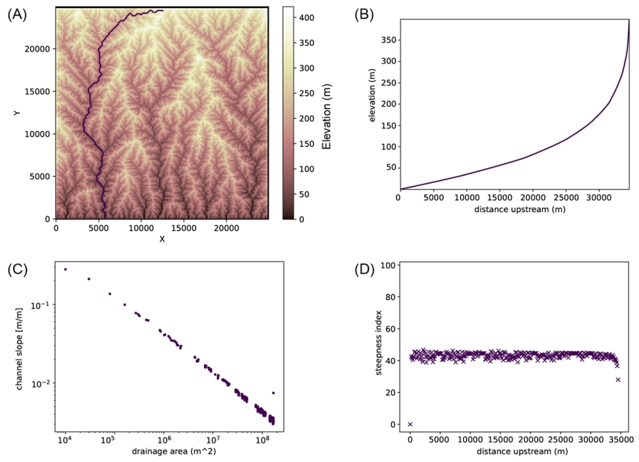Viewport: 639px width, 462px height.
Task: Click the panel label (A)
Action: (17, 15)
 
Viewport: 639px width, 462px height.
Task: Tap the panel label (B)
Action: (364, 15)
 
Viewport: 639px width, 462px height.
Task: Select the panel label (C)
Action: (17, 269)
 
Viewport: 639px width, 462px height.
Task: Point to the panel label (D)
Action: (364, 269)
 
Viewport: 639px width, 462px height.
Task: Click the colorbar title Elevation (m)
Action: (327, 116)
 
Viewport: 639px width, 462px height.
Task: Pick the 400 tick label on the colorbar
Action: (306, 18)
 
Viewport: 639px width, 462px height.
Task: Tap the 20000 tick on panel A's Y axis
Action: (37, 49)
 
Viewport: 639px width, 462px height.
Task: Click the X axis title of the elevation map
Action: (162, 239)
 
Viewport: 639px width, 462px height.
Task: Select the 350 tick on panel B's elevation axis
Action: (389, 40)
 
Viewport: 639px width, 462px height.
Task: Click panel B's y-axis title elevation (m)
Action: (372, 95)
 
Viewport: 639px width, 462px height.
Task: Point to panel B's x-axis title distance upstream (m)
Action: (520, 209)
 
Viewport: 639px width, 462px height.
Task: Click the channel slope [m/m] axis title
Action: (19, 349)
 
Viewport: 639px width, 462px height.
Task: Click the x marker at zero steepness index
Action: (410, 424)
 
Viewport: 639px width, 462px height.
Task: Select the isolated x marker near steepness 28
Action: (618, 379)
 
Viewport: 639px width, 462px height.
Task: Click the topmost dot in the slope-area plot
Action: (65, 269)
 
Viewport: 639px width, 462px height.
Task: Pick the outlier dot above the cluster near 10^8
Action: (273, 393)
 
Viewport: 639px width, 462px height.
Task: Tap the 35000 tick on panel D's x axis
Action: (621, 440)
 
